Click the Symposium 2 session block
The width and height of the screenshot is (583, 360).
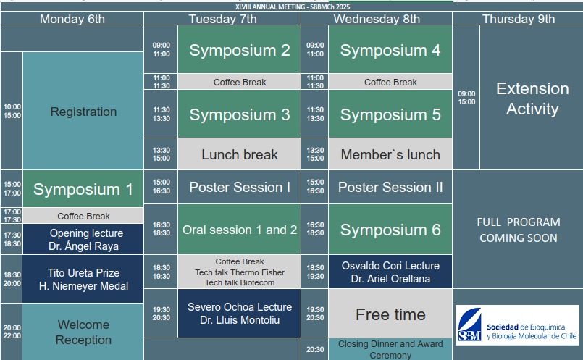click(x=239, y=49)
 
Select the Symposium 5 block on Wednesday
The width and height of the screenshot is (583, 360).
click(x=390, y=114)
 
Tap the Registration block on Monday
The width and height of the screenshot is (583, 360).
click(x=83, y=111)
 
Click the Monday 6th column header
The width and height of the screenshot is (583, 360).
click(x=72, y=19)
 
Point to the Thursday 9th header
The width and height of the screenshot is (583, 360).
click(x=518, y=19)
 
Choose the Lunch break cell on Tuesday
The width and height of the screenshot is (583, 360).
click(x=239, y=154)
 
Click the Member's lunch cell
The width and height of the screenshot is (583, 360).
click(x=390, y=154)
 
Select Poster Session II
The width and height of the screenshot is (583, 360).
click(x=390, y=187)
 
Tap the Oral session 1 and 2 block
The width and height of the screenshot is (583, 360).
click(x=239, y=229)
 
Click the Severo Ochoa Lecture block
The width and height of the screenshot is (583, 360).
click(x=239, y=313)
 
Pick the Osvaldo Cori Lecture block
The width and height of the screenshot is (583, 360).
click(x=390, y=272)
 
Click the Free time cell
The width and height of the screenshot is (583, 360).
click(x=390, y=314)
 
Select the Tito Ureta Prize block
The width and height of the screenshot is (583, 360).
click(x=83, y=279)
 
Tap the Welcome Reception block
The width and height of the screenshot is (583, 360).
click(x=83, y=332)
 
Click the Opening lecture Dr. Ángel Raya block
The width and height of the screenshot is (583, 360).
click(x=83, y=239)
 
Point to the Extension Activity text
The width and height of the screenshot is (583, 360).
click(x=532, y=99)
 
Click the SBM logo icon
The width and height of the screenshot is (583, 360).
click(x=470, y=325)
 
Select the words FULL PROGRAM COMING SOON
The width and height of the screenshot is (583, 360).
click(x=519, y=230)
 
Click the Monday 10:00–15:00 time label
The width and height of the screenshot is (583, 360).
click(x=12, y=112)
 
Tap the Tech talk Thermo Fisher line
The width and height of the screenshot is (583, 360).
click(x=240, y=272)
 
